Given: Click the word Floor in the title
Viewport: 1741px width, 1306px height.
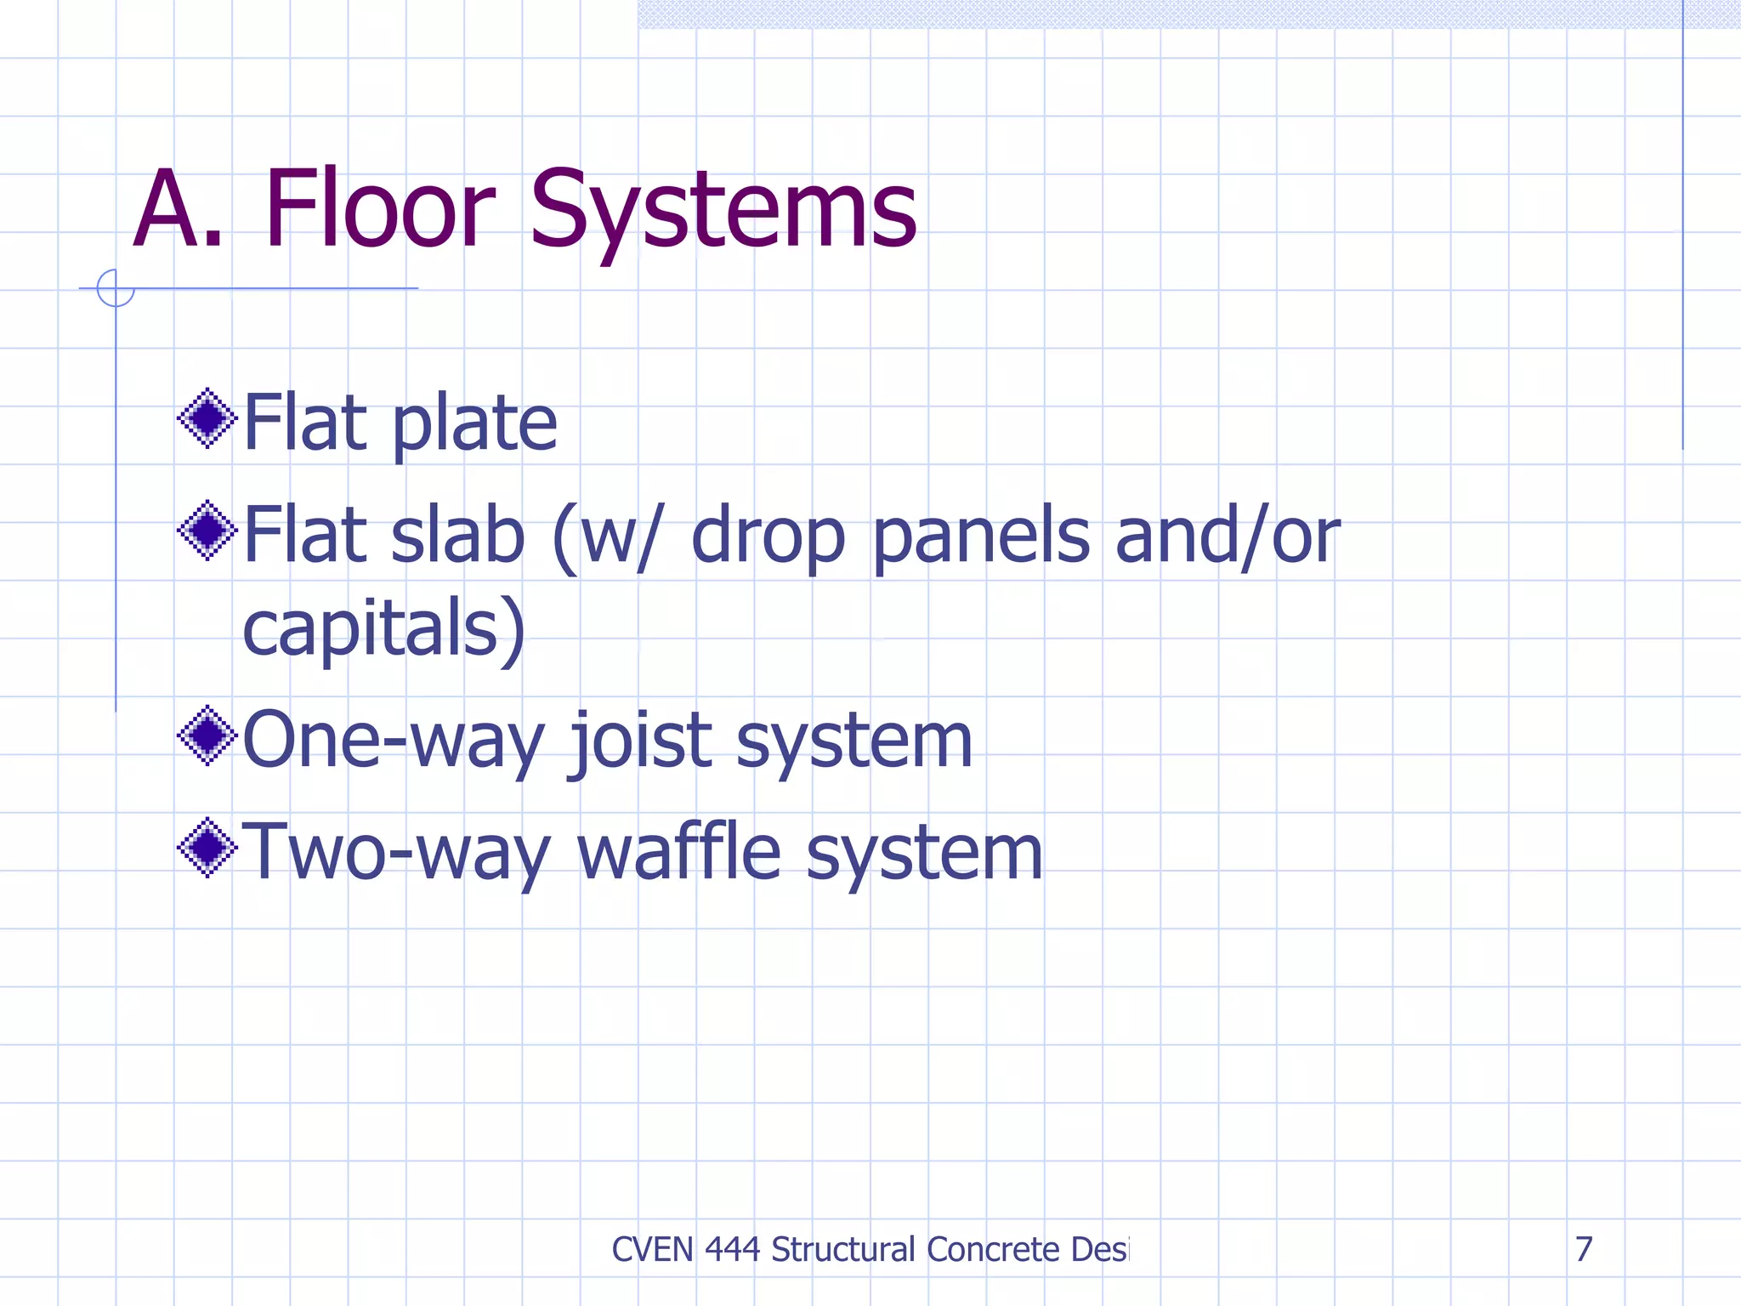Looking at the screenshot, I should (379, 209).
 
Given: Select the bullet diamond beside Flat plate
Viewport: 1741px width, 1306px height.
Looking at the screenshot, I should (207, 418).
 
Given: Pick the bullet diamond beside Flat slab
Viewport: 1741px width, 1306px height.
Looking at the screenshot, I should (207, 531).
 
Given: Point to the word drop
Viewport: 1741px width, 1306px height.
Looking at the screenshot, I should (768, 537).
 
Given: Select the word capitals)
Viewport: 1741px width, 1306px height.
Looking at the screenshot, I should (384, 629).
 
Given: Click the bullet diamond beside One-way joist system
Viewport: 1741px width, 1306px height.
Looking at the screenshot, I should (207, 735).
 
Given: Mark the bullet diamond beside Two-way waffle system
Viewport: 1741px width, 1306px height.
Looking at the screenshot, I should (207, 848).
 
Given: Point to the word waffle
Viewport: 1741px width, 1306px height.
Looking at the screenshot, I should (678, 852).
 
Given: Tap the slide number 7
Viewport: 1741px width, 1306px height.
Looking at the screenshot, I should (1584, 1249).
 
